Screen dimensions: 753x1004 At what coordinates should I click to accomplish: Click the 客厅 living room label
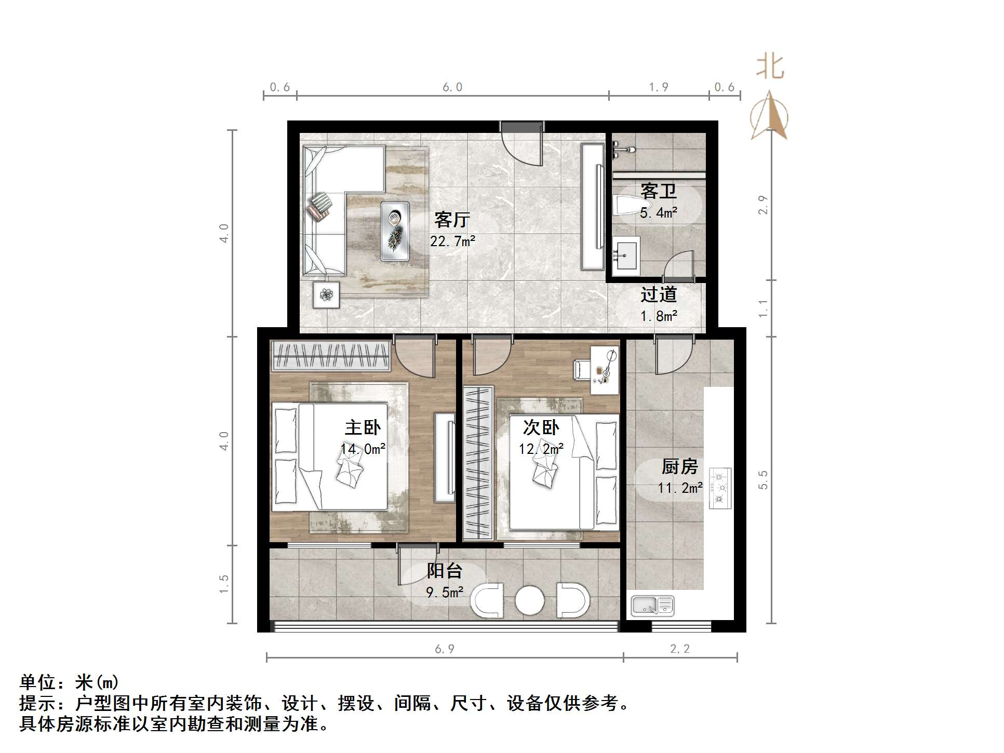pyautogui.click(x=452, y=220)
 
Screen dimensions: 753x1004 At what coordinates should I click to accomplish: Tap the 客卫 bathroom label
pyautogui.click(x=658, y=191)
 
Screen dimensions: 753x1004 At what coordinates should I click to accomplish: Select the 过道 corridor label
pyautogui.click(x=658, y=294)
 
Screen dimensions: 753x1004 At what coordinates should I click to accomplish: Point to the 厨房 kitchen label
pyautogui.click(x=679, y=466)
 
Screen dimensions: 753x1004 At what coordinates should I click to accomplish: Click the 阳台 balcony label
pyautogui.click(x=444, y=571)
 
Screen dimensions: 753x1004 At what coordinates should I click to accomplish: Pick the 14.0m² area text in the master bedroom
pyautogui.click(x=363, y=449)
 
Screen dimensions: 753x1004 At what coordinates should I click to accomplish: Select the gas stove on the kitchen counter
pyautogui.click(x=720, y=488)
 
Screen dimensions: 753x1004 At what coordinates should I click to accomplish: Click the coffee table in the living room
pyautogui.click(x=395, y=231)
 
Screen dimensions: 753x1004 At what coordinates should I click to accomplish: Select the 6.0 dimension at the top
pyautogui.click(x=452, y=87)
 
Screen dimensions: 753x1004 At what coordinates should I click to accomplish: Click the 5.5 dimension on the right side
pyautogui.click(x=762, y=480)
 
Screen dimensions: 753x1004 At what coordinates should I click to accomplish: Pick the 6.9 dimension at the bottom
pyautogui.click(x=445, y=649)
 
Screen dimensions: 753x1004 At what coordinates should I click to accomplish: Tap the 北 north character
pyautogui.click(x=769, y=68)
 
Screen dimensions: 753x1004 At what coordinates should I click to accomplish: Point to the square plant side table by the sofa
pyautogui.click(x=326, y=295)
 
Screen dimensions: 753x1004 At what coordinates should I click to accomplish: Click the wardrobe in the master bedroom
pyautogui.click(x=330, y=356)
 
